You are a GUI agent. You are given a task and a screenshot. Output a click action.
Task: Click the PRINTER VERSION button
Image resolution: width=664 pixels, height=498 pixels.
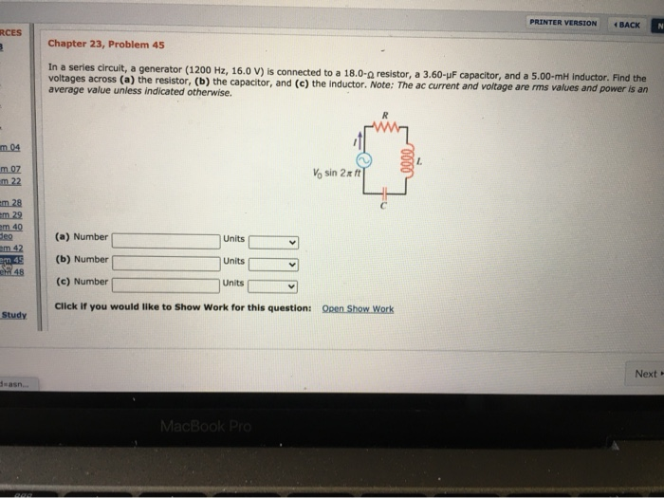coord(564,23)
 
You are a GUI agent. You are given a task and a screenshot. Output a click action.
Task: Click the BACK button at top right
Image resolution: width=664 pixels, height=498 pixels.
coord(627,23)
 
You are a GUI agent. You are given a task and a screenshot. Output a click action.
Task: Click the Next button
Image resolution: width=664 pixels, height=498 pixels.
coord(647,374)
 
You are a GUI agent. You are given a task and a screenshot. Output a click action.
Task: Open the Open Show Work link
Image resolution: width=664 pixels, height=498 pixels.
coord(358,308)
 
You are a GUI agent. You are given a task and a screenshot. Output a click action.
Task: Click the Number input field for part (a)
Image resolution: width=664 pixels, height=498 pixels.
coord(165,239)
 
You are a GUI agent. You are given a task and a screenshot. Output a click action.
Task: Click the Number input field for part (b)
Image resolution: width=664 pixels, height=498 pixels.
coord(165,262)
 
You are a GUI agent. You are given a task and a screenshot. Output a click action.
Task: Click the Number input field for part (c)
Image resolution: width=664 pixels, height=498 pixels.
coord(165,284)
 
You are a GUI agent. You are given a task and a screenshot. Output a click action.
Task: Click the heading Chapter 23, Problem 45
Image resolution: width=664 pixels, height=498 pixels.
coord(106,44)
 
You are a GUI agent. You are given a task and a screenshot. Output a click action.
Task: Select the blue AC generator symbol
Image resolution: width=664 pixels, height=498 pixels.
coord(361,157)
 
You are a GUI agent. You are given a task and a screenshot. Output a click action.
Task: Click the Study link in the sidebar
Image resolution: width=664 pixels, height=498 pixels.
coord(13,314)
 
